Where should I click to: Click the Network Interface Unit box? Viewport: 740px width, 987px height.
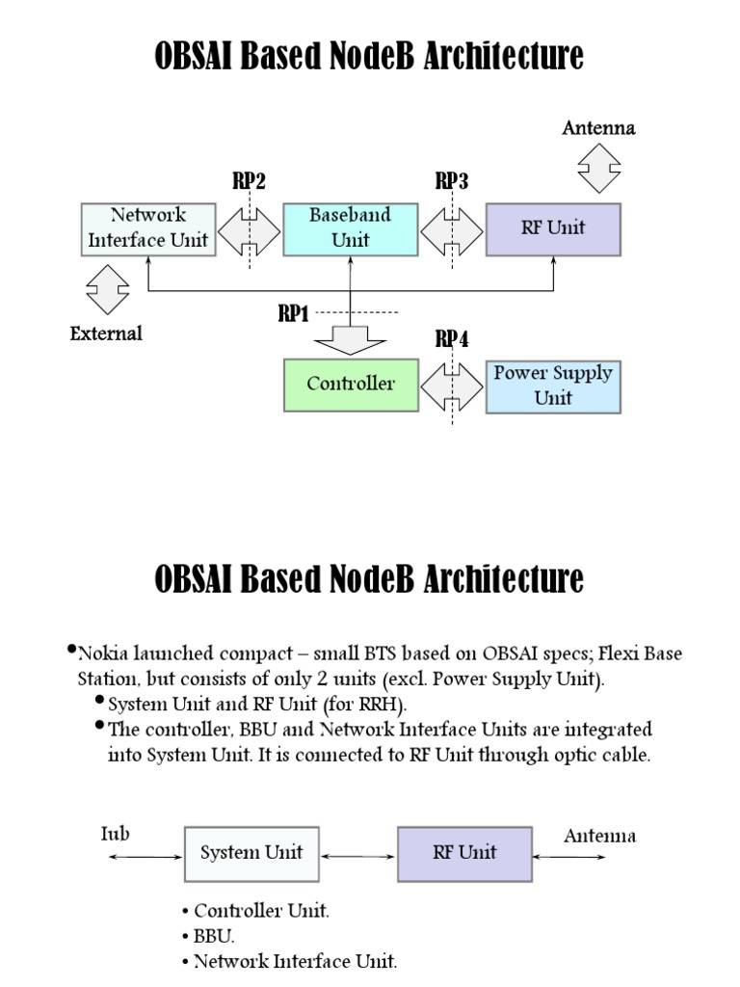click(147, 228)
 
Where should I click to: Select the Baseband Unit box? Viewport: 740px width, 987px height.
click(351, 228)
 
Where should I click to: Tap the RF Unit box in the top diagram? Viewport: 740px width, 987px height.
click(553, 228)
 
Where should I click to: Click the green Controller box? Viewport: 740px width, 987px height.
click(351, 384)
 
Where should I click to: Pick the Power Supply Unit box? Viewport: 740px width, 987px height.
click(553, 386)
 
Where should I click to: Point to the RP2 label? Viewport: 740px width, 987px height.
click(249, 181)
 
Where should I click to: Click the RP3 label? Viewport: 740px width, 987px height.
click(452, 181)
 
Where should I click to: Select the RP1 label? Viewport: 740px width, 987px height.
click(295, 313)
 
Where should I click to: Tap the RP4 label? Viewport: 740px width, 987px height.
click(452, 338)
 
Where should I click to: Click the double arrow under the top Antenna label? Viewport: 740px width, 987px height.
click(599, 169)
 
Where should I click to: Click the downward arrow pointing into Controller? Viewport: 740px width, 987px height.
click(351, 339)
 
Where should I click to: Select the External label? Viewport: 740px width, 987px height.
click(106, 333)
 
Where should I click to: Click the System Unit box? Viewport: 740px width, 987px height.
click(251, 852)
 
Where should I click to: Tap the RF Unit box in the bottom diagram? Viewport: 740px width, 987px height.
click(464, 852)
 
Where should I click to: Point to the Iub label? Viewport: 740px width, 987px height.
click(115, 834)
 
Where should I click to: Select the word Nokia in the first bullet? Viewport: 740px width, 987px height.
click(103, 654)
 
